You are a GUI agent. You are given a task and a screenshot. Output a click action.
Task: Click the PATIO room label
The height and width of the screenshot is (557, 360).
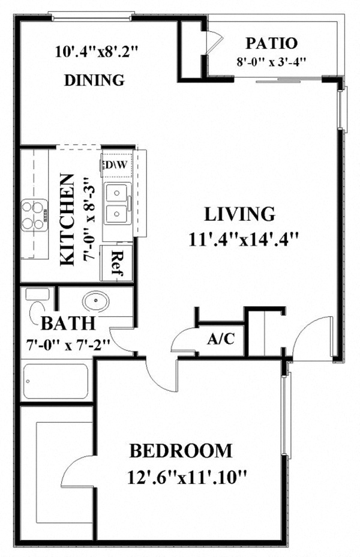click(272, 44)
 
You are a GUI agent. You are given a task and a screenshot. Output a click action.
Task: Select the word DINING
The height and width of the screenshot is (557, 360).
click(94, 80)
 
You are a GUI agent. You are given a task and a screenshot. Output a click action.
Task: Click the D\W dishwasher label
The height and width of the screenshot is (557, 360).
click(114, 164)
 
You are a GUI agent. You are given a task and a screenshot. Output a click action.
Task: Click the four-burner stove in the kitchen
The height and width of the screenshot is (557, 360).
click(34, 214)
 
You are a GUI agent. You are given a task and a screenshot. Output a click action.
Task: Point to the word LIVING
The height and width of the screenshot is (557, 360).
click(240, 214)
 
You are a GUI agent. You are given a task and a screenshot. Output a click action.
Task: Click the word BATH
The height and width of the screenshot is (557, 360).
click(68, 324)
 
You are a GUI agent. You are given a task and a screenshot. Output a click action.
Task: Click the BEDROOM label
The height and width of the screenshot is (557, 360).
click(181, 450)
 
